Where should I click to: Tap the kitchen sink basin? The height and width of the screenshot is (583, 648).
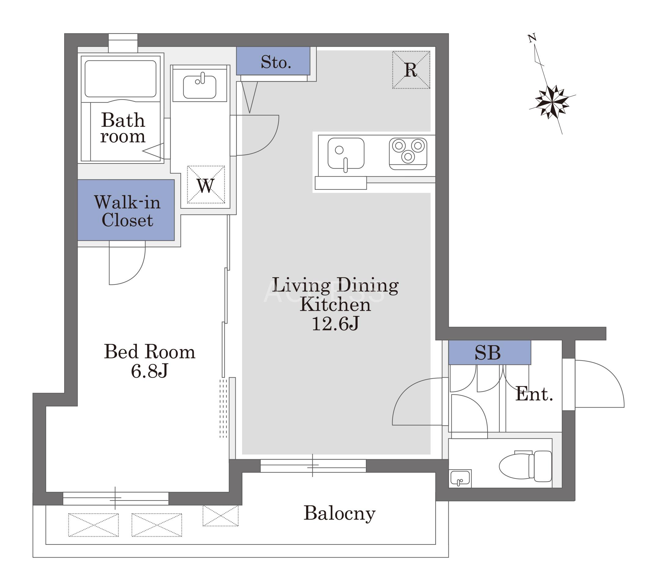click(x=346, y=153)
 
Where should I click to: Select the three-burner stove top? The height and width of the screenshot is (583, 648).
click(x=408, y=154)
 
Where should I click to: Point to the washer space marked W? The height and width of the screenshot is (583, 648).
click(x=206, y=185)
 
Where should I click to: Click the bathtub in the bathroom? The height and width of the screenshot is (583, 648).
click(x=120, y=79)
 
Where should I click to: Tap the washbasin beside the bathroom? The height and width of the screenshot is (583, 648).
click(x=199, y=87)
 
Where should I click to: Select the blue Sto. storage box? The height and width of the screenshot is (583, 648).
click(x=273, y=61)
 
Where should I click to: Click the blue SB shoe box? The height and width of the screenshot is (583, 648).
click(x=490, y=352)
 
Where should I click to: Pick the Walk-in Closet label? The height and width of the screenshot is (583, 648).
click(x=127, y=211)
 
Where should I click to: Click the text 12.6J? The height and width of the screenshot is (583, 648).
click(x=335, y=324)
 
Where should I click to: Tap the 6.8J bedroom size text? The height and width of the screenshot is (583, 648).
click(x=149, y=371)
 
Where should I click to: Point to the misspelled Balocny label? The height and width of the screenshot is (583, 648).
click(x=339, y=514)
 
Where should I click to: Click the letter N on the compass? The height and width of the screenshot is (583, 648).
click(x=532, y=38)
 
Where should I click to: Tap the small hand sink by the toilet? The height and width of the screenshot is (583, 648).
click(x=460, y=479)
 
